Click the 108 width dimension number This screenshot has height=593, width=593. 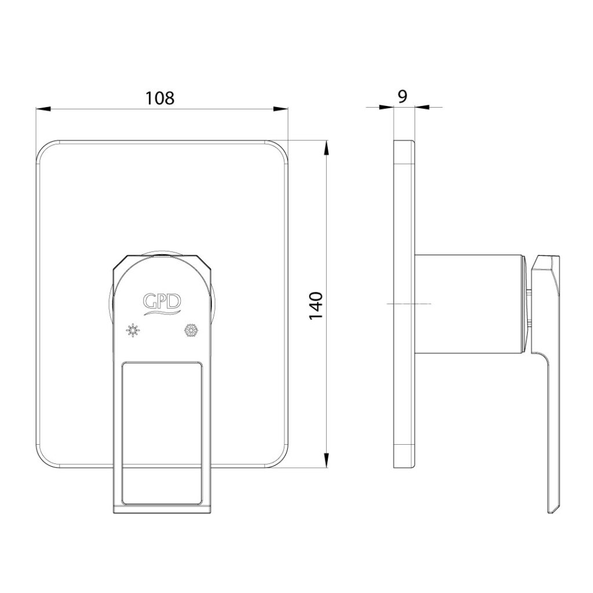coord(160,97)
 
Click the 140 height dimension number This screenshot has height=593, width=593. coord(316,306)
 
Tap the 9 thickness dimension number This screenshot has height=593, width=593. coord(403,97)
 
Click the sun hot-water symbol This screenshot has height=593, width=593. coord(133,330)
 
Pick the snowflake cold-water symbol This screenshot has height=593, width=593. coord(191,330)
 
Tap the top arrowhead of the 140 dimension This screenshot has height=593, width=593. coord(326,148)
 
